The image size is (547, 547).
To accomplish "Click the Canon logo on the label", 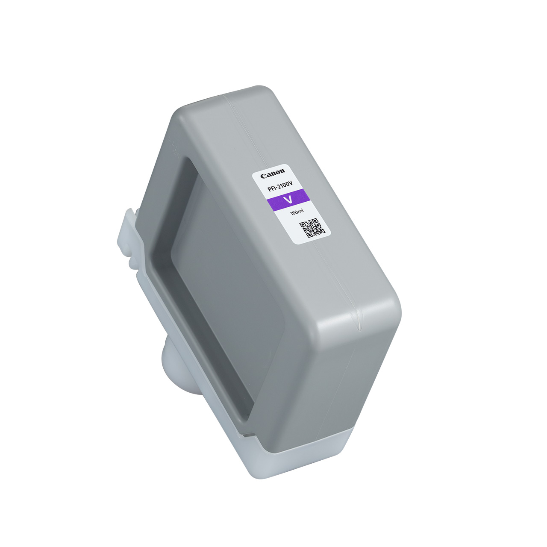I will (x=273, y=174).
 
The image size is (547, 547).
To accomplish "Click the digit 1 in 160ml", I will (x=291, y=214).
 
